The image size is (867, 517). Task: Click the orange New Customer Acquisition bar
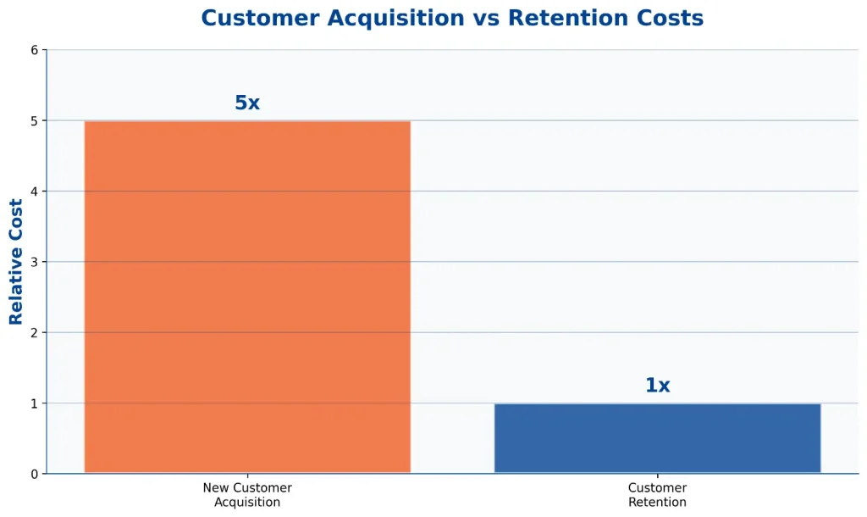247,297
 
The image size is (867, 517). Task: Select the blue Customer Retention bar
657,438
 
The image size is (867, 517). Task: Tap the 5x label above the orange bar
247,103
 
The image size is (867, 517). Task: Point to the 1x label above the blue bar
657,386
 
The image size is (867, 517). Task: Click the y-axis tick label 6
35,50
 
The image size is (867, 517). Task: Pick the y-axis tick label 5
35,120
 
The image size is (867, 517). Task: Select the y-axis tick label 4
35,192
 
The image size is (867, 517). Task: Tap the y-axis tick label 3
35,262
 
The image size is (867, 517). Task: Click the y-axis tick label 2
35,333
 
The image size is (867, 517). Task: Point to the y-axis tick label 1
35,403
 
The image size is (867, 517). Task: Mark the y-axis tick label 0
35,474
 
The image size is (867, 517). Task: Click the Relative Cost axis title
15,262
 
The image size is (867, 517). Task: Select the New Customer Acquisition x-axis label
247,495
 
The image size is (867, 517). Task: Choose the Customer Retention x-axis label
657,495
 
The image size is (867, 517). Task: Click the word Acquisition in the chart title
396,19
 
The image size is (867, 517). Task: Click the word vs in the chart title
486,19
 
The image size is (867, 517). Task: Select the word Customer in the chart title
260,18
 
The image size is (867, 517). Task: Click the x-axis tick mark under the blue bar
657,476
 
